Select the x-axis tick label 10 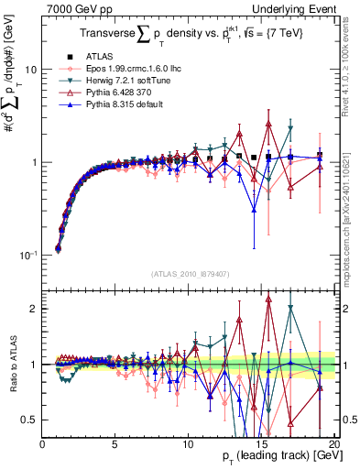(x=189, y=443)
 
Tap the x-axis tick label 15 (x=261, y=443)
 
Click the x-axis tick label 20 (x=333, y=443)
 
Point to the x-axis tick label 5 (x=115, y=443)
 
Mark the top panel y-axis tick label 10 (x=30, y=70)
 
